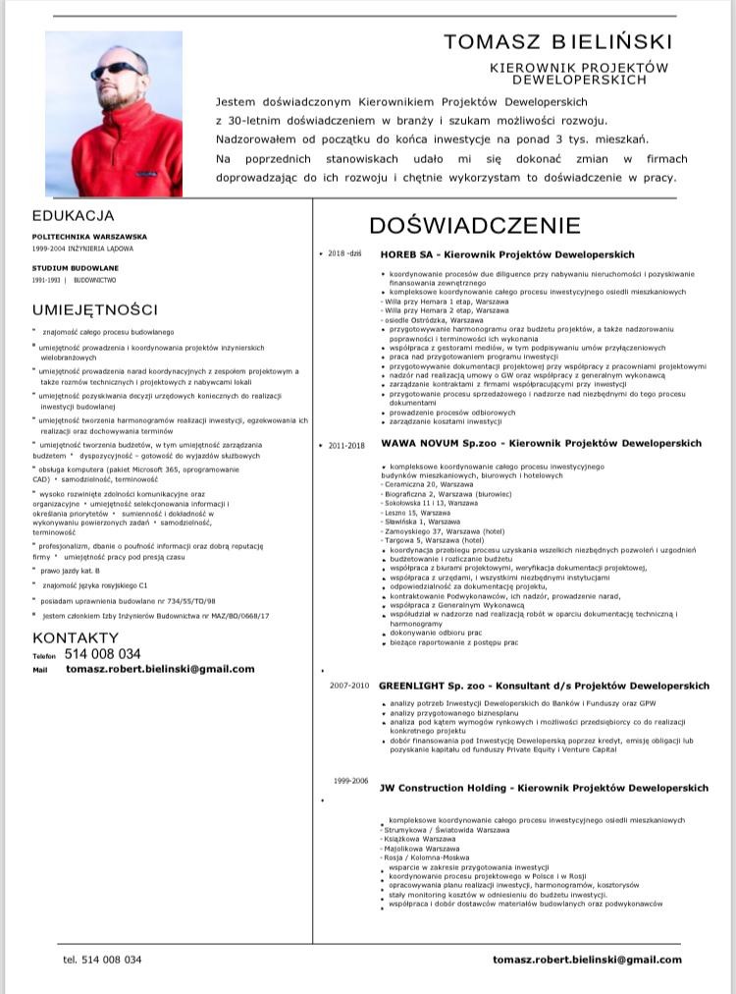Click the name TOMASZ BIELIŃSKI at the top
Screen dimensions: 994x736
558,41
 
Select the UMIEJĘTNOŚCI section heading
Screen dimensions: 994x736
95,310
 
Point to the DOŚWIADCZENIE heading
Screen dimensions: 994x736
475,226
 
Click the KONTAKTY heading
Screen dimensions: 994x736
76,637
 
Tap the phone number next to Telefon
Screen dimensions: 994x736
102,654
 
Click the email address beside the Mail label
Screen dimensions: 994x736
160,669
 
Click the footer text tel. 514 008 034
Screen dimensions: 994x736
102,960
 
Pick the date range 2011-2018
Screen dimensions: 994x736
346,445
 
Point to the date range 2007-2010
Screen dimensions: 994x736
348,685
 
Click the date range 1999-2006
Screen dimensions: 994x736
350,781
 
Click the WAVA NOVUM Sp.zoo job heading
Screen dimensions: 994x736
541,444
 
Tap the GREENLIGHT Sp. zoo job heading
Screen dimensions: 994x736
544,686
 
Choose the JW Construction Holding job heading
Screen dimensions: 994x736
544,788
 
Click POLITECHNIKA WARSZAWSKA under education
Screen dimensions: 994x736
89,237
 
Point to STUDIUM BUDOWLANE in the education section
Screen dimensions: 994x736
76,267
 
